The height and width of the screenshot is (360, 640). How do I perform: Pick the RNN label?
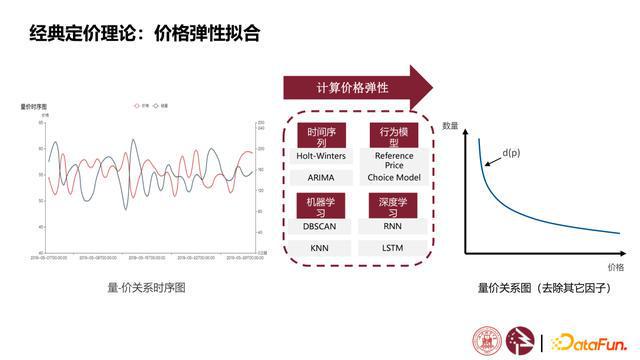(x=392, y=226)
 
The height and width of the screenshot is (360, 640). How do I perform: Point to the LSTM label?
(x=392, y=246)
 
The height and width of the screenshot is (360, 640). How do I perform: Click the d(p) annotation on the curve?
(x=511, y=152)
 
